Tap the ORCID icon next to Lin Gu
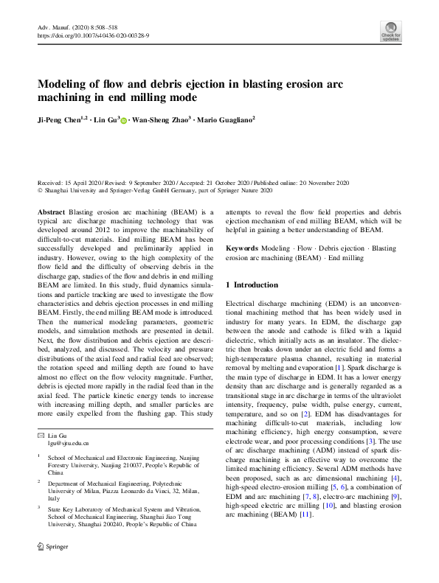(123, 119)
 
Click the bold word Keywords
(242, 249)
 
